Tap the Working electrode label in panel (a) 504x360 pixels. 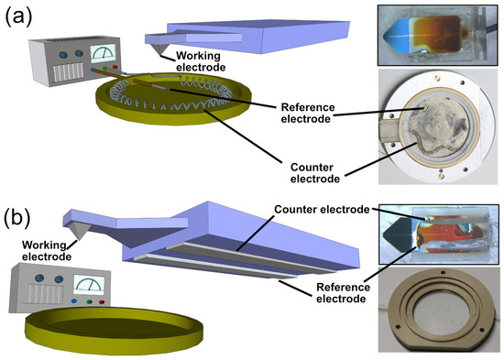coord(203,62)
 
